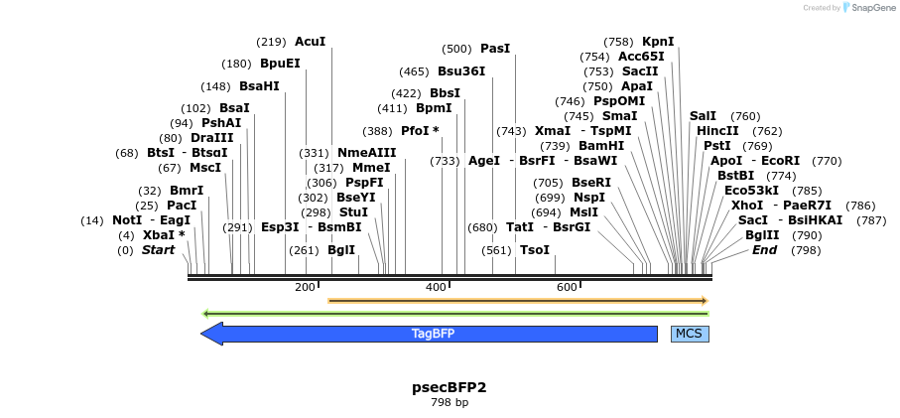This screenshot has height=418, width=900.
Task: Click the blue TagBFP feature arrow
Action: (x=433, y=334)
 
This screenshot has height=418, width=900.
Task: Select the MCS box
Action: (x=690, y=334)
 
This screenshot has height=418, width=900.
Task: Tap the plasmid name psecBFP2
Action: (x=449, y=386)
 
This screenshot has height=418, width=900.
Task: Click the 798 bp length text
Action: (x=449, y=402)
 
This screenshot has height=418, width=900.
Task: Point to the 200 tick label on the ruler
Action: (x=304, y=288)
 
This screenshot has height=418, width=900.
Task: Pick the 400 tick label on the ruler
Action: (x=435, y=288)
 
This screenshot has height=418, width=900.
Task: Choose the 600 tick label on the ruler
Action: (x=566, y=288)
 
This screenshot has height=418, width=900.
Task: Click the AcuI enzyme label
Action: (x=310, y=42)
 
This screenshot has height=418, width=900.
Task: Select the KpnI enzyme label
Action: (x=658, y=42)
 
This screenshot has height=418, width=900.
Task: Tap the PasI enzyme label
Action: (x=495, y=49)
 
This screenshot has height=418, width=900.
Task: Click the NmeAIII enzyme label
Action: (x=366, y=153)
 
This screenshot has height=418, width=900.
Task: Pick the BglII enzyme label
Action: (x=763, y=235)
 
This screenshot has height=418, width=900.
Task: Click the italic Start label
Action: (x=158, y=250)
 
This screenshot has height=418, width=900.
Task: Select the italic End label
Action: (x=764, y=250)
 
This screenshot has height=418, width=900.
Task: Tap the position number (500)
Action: (x=456, y=49)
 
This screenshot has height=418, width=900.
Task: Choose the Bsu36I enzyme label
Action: (x=461, y=71)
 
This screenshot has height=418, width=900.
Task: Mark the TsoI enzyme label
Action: (x=534, y=250)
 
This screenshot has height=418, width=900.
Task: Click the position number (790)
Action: (x=808, y=235)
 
